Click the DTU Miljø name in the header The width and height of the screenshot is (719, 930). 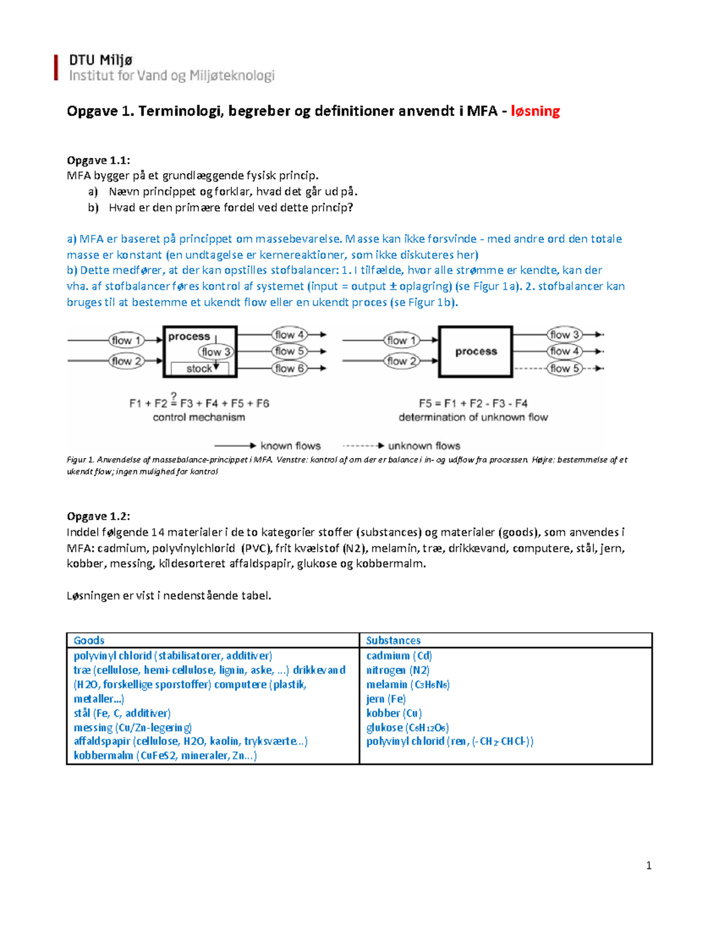pos(101,60)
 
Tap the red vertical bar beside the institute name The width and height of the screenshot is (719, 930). pos(56,67)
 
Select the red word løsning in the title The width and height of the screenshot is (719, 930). pos(535,111)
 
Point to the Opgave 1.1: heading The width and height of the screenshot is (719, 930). pos(98,160)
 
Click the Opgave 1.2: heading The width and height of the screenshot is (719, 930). pos(98,516)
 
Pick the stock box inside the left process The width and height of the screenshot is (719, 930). pos(199,368)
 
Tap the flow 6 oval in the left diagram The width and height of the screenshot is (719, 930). pos(289,368)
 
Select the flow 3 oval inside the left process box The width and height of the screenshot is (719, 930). pos(215,352)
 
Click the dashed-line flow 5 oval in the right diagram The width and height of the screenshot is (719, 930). pos(564,368)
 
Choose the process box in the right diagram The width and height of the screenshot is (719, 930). pos(476,352)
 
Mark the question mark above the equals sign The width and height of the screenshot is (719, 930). pos(174,396)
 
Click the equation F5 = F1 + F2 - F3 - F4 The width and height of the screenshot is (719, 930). pos(473,403)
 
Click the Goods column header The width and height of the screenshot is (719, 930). pos(89,640)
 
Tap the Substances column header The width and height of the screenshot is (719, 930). pos(393,640)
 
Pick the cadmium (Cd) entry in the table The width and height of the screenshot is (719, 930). pos(399,656)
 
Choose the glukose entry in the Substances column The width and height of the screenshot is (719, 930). pos(407,728)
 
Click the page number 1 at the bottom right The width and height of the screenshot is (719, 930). pos(648,865)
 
